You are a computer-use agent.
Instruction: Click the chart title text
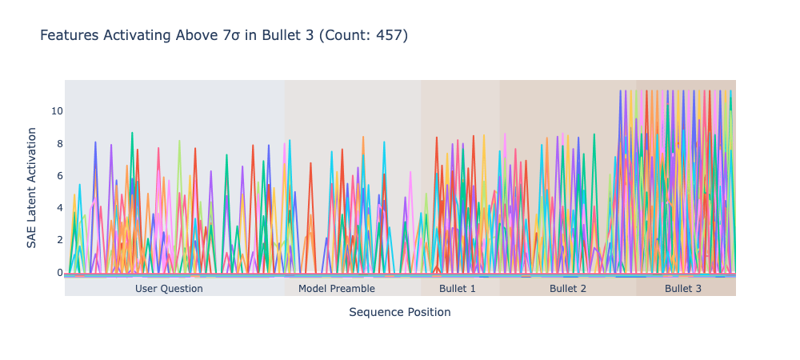pos(224,35)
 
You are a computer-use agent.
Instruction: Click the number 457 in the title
pos(390,35)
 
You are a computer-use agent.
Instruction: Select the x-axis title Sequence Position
pos(400,312)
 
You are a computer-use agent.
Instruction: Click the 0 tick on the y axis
pos(59,272)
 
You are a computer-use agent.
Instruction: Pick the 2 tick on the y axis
pos(59,240)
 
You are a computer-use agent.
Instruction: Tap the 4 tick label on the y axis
pos(59,207)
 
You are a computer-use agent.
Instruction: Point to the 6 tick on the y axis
pos(59,175)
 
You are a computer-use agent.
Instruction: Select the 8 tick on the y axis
pos(59,143)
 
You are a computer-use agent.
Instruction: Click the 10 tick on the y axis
pos(57,110)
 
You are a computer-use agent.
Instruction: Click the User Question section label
pos(169,289)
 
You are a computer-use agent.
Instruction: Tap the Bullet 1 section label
pos(458,289)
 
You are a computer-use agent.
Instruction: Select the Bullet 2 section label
pos(568,289)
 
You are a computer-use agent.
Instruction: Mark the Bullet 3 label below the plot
pos(683,289)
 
